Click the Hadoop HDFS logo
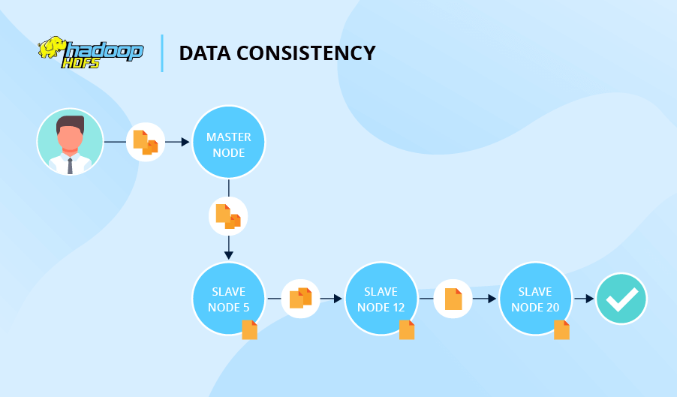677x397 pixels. click(90, 53)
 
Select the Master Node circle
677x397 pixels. click(229, 142)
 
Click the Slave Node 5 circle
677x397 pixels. click(228, 299)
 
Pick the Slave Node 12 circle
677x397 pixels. click(381, 299)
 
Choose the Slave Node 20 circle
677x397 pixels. click(534, 299)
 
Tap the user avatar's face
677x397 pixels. click(70, 137)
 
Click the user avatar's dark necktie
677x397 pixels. click(70, 165)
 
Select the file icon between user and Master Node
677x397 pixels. click(146, 142)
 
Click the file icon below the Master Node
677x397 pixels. click(228, 216)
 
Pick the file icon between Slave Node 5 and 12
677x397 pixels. click(300, 298)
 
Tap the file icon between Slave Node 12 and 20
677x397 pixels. click(453, 298)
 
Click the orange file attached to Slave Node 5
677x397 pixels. click(249, 329)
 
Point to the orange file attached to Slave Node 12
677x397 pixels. click(407, 329)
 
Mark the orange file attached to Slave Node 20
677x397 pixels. click(561, 329)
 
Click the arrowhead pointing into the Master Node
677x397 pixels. click(185, 142)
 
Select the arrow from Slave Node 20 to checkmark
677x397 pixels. click(585, 298)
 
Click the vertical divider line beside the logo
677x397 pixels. click(162, 53)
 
